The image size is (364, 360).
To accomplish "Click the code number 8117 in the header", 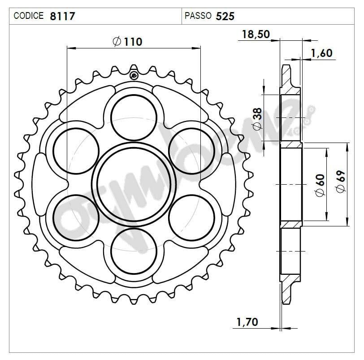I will tap(63, 16).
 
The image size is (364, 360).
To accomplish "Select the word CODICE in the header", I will tap(29, 16).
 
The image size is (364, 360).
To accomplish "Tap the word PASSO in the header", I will tap(198, 16).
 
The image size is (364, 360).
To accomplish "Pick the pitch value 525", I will tap(225, 16).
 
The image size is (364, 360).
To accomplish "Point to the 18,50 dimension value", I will tap(256, 35).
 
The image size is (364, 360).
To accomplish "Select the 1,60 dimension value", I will tap(321, 53).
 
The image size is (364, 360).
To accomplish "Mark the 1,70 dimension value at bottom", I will tap(247, 321).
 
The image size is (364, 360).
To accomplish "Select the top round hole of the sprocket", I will tap(134, 117).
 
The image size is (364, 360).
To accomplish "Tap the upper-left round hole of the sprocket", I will tap(76, 150).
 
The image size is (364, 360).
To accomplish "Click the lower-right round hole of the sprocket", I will tap(191, 217).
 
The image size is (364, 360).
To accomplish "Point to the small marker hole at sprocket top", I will tap(134, 75).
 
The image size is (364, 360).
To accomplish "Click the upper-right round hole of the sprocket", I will tap(191, 150).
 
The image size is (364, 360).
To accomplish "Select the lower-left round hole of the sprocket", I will tap(76, 217).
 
